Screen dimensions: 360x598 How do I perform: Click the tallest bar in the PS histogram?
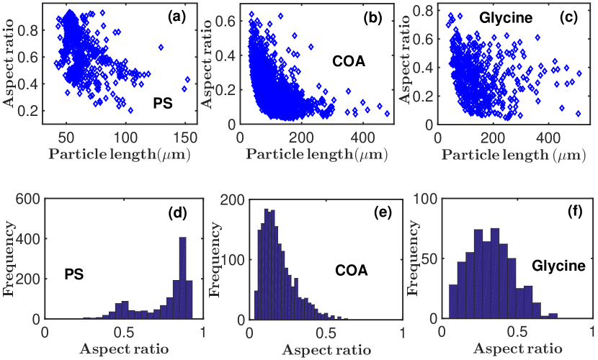point(182,278)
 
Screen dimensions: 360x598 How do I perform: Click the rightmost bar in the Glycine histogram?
point(553,315)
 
